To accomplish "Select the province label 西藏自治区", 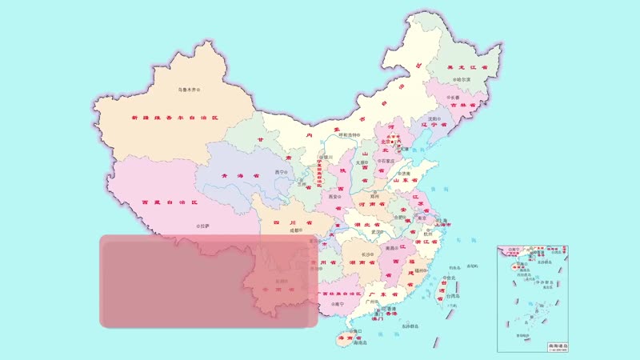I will pyautogui.click(x=168, y=203).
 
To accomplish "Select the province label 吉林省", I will pyautogui.click(x=463, y=105).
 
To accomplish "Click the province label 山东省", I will pyautogui.click(x=406, y=180).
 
